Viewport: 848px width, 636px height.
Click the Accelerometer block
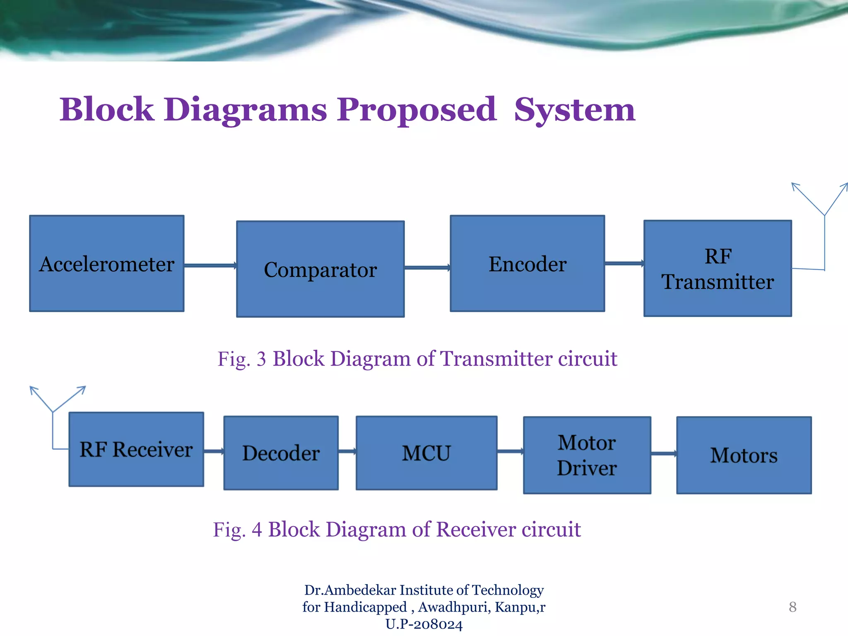(107, 263)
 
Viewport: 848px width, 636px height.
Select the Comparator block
(320, 269)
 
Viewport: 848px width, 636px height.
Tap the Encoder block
(527, 263)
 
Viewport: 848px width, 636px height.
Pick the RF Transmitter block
(718, 268)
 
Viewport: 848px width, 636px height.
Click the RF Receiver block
(136, 449)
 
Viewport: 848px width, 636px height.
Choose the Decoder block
(281, 453)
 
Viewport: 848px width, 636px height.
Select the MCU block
(426, 453)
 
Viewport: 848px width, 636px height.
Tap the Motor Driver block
(587, 455)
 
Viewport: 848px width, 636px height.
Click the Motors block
(744, 455)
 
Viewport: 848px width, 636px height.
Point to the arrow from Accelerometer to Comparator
(210, 265)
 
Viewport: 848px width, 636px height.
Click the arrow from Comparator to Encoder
(427, 268)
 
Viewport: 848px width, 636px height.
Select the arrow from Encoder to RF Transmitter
(624, 263)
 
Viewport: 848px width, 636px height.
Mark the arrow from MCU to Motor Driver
(510, 451)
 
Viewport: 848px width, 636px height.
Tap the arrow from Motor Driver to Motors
(663, 454)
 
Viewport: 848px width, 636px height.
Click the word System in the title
(574, 110)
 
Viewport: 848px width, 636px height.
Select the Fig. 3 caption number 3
(261, 359)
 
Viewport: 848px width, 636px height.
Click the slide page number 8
(793, 607)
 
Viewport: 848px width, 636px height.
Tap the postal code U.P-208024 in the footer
(424, 624)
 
